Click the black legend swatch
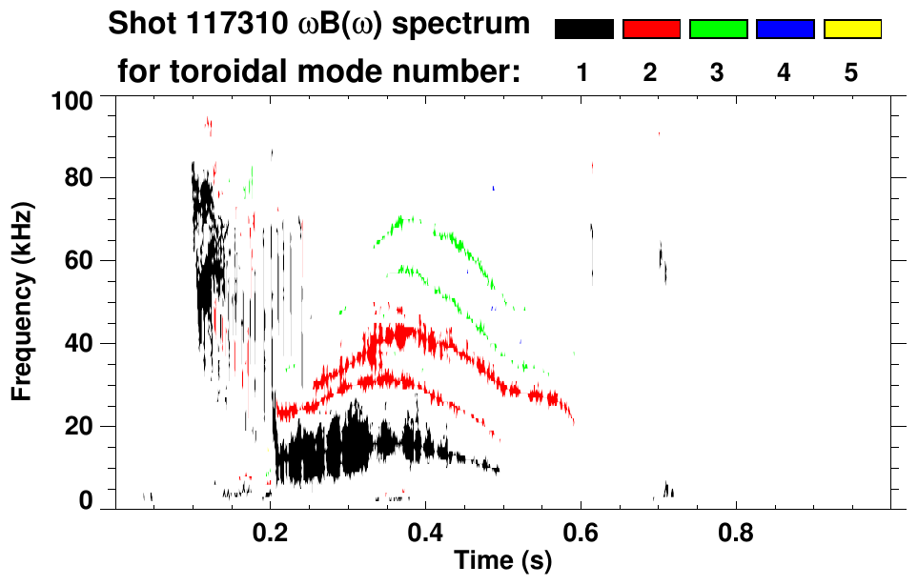click(583, 30)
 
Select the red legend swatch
click(651, 30)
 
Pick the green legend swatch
click(718, 30)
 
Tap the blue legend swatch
click(785, 30)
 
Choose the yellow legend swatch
click(852, 30)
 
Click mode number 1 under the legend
click(583, 73)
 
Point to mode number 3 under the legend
click(718, 73)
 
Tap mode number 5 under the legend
click(852, 73)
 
